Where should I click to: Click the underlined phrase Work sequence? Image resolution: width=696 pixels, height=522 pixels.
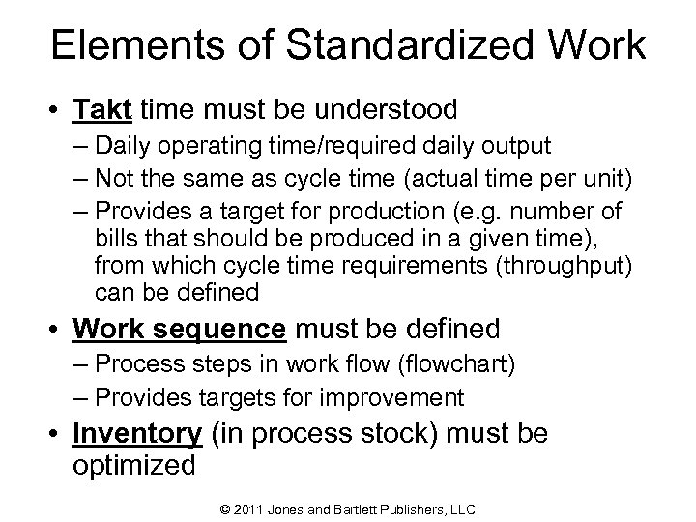click(x=179, y=329)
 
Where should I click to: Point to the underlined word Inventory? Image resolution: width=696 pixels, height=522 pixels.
click(x=136, y=434)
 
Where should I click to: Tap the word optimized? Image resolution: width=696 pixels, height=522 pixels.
click(x=133, y=465)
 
